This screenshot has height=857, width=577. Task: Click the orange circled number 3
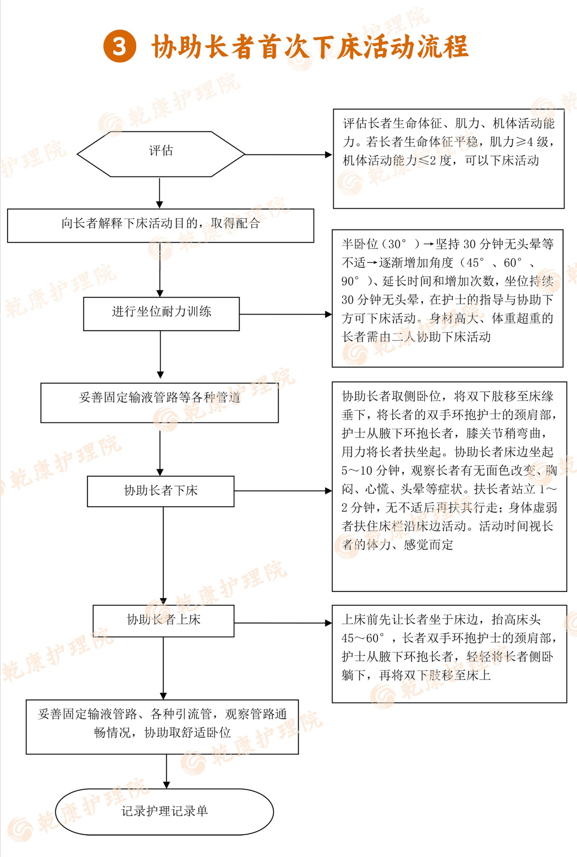(120, 46)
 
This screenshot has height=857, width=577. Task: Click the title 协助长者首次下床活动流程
(310, 46)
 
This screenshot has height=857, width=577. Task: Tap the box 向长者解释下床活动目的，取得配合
(161, 225)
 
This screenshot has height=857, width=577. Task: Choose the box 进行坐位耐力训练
(161, 314)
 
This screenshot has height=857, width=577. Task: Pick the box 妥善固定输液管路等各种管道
(159, 403)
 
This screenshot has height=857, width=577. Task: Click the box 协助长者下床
(161, 491)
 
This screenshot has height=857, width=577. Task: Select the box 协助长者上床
(163, 621)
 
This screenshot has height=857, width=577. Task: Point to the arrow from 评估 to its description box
(288, 154)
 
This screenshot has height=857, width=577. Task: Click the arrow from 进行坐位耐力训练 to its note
(286, 314)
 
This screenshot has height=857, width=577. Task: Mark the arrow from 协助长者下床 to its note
(283, 491)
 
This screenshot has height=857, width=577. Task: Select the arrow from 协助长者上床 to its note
(283, 623)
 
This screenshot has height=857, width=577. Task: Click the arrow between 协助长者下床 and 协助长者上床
(163, 556)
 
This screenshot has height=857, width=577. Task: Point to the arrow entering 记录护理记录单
(167, 772)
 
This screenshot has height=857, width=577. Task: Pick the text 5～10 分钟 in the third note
(370, 470)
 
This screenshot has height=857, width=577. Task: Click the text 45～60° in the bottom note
(363, 638)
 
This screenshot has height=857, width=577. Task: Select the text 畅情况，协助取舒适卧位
(163, 732)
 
